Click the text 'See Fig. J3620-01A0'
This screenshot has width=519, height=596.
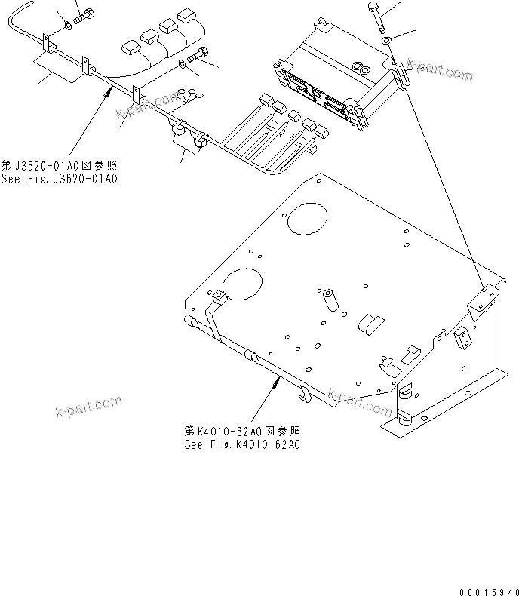pos(60,179)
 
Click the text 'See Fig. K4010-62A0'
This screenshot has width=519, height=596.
pos(242,444)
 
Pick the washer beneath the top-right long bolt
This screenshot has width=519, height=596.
pos(386,41)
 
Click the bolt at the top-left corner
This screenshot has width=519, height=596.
pos(85,13)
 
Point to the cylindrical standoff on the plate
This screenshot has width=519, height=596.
pos(329,300)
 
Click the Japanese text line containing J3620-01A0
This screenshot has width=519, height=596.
pos(60,165)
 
